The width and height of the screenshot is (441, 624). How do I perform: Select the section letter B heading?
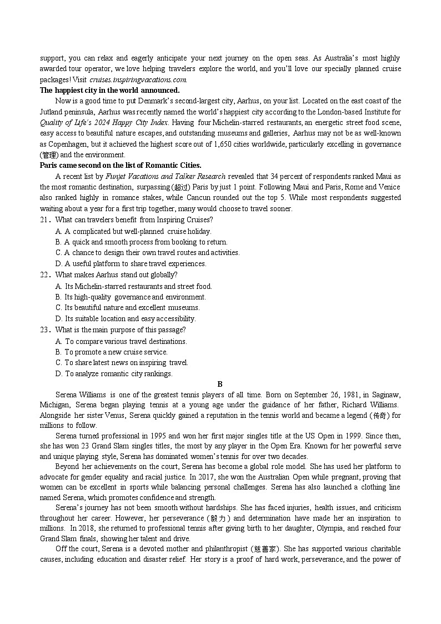(x=220, y=384)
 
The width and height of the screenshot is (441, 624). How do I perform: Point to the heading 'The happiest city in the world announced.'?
(x=109, y=90)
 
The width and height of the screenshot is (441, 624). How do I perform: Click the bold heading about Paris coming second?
(x=121, y=166)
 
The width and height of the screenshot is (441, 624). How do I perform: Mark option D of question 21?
(x=131, y=264)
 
